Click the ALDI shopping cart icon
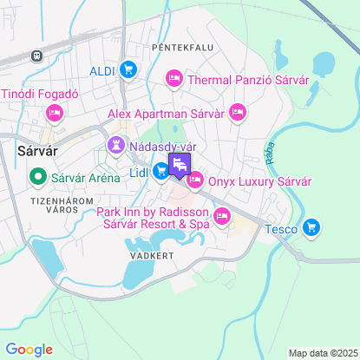point(128,70)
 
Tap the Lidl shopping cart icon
point(160,173)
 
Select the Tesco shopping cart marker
point(312,229)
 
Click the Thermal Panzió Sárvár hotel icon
point(173,80)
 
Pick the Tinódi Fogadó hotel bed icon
point(54,113)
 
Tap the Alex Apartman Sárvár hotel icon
point(239,113)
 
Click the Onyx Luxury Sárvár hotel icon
point(194,180)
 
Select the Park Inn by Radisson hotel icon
point(222,217)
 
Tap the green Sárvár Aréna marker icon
point(37,180)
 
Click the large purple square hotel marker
point(180,165)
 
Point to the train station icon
point(36,56)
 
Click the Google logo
point(29,349)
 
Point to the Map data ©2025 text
point(322,353)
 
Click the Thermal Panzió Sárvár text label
point(248,80)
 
